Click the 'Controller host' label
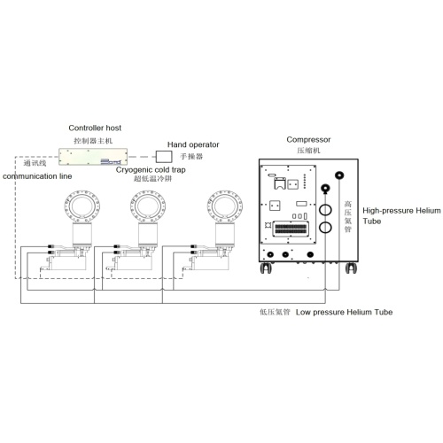click(95, 128)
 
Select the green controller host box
click(93, 157)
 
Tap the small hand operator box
click(164, 157)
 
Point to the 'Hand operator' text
click(193, 144)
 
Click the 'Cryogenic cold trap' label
click(151, 170)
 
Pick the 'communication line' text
click(37, 176)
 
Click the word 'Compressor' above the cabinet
click(308, 140)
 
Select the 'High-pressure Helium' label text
click(401, 211)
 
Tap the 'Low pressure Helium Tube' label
click(344, 312)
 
